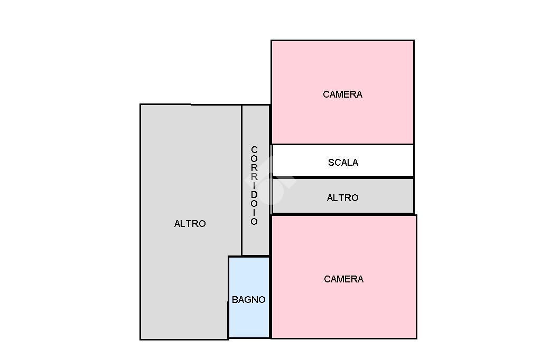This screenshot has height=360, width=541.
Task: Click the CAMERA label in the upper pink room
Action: point(342,94)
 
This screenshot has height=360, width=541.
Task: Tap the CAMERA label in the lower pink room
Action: point(343,279)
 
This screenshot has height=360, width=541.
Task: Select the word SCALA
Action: point(343,163)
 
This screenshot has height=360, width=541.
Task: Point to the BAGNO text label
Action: point(248,300)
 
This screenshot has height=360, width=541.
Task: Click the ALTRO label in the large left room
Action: point(190,224)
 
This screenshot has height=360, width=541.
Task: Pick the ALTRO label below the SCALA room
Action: point(342,198)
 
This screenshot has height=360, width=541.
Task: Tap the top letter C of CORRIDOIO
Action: point(254,150)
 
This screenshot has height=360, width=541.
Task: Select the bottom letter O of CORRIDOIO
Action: point(254,222)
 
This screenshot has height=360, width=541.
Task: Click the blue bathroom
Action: point(249,317)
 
